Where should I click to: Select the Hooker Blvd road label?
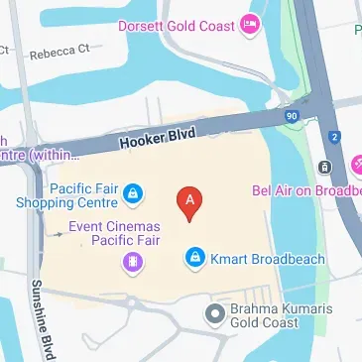pos(158,137)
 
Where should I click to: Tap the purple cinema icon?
pos(129,262)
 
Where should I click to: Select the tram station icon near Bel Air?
pos(324,167)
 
